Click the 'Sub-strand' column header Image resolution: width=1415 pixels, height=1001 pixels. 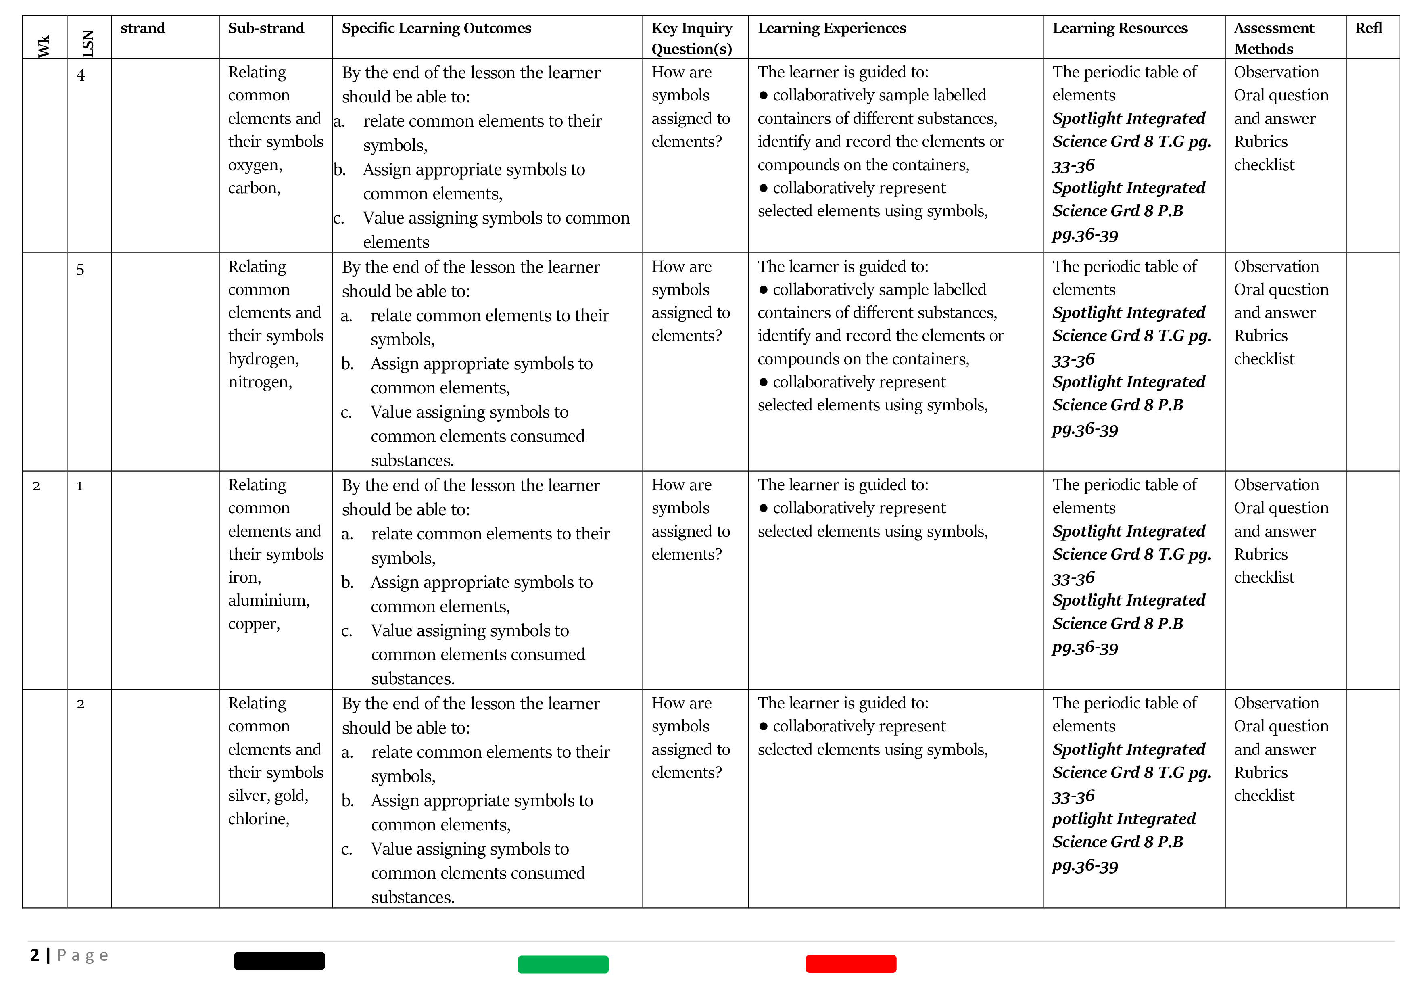coord(266,28)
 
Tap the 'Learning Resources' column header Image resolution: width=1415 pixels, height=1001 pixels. coord(1119,28)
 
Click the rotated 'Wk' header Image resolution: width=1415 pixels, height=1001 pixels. coord(44,46)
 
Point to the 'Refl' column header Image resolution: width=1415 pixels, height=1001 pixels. coord(1368,28)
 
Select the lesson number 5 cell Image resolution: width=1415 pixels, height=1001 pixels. coord(80,270)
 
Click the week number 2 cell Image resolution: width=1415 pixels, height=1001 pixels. coord(36,486)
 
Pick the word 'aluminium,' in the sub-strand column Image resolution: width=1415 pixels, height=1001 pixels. coord(269,600)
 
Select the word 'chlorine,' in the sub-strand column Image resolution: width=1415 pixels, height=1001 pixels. coord(258,819)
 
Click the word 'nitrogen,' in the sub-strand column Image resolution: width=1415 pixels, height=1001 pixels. coord(259,382)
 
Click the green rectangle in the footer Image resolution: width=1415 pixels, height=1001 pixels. coord(563,964)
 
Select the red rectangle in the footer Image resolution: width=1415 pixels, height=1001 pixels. coord(850,963)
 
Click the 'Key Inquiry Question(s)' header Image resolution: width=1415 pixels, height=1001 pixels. coord(691,38)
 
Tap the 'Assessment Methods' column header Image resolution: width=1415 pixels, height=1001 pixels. coord(1273,38)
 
